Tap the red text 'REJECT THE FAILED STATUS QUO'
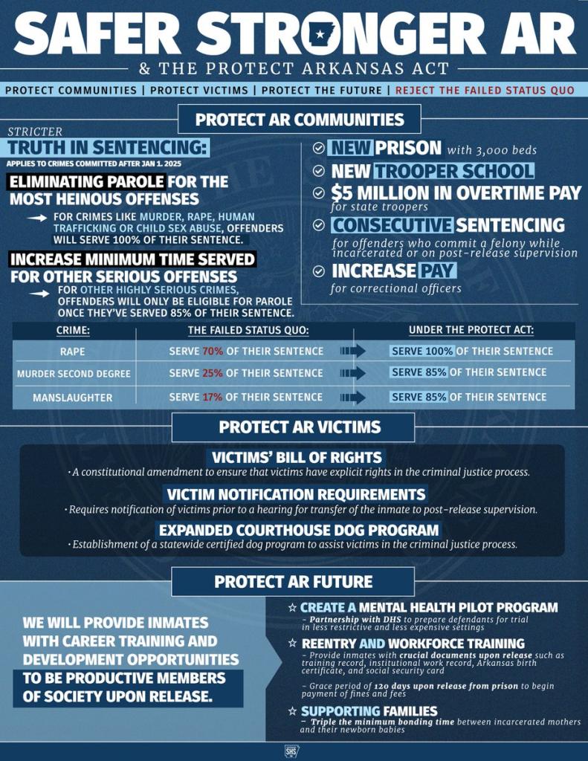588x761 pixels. tap(485, 90)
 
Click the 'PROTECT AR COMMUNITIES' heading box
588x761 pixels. tap(300, 120)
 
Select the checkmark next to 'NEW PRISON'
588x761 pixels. tap(318, 148)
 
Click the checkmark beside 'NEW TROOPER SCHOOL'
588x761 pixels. tap(318, 171)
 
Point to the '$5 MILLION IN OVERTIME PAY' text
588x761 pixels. tap(456, 192)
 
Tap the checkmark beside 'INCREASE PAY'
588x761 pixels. tap(318, 271)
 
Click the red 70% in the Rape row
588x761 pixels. tap(213, 351)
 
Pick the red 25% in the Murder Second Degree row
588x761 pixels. tap(213, 372)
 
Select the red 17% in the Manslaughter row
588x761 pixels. tap(213, 397)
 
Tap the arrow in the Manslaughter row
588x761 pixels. tap(353, 397)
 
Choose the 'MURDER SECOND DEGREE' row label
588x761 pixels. tap(74, 374)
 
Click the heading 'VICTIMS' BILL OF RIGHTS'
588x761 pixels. tap(297, 457)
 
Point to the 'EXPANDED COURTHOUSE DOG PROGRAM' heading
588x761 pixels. tap(298, 530)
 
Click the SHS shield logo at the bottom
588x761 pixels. tap(292, 751)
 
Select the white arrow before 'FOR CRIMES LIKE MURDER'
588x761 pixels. tap(37, 218)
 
